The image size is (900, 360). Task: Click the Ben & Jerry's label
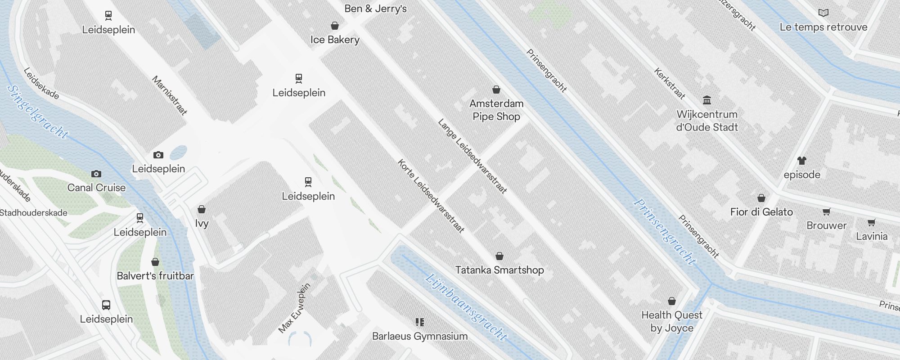coord(375,9)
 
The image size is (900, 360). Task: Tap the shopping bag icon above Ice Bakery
coord(334,26)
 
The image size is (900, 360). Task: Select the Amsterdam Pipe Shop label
coord(496,110)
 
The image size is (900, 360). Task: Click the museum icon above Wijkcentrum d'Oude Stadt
coord(707,100)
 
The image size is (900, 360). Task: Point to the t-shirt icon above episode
coord(801,160)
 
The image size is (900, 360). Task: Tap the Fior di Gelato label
coord(761,212)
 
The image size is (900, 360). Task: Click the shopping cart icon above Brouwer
coord(826,211)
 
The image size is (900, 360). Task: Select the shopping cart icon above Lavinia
coord(871,222)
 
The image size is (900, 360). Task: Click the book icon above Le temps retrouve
coord(823,13)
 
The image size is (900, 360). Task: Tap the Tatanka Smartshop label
coord(499,270)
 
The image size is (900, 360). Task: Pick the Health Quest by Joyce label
coord(671,321)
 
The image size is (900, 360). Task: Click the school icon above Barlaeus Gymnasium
coord(419,322)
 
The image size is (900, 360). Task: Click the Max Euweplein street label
coord(295,308)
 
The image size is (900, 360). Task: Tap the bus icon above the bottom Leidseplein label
coord(106,305)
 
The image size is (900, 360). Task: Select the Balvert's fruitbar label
coord(155,276)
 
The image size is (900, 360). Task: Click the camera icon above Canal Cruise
coord(96,174)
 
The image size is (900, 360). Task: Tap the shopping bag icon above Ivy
coord(202,210)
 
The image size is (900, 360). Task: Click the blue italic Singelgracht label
coord(38,112)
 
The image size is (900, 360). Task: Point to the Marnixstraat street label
coord(170,95)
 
